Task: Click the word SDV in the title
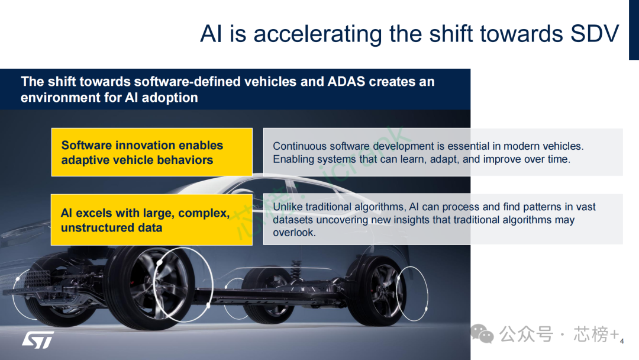(595, 33)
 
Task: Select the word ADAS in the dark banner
(346, 82)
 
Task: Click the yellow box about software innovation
(152, 152)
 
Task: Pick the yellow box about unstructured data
(151, 220)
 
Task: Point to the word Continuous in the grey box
(299, 146)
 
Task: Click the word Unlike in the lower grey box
(288, 207)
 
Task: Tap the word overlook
(294, 232)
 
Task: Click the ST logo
(38, 340)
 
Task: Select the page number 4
(622, 341)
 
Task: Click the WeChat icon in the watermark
(482, 334)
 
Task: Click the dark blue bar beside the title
(634, 30)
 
